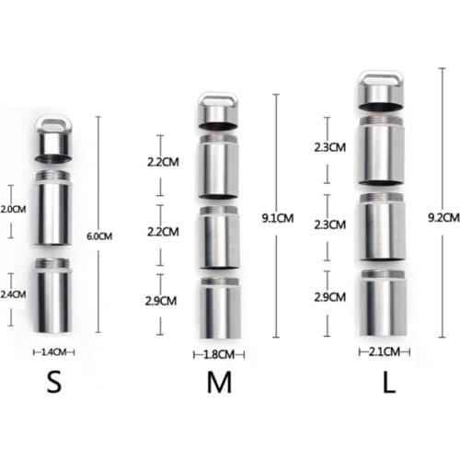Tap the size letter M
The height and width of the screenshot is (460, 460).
(218, 383)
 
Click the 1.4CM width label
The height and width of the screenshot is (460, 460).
(54, 351)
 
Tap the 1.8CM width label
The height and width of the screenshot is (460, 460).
(218, 353)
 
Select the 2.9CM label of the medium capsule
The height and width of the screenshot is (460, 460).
(163, 302)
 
